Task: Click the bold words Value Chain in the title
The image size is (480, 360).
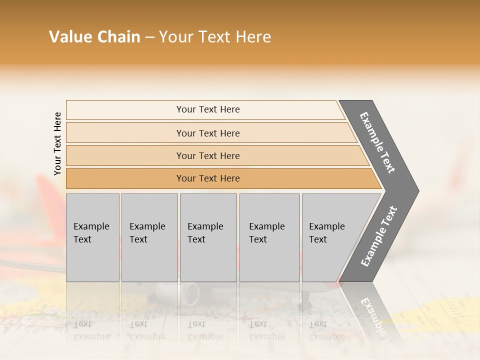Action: [x=94, y=37]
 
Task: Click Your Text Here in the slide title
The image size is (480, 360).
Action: [x=215, y=37]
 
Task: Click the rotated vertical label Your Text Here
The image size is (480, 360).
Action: [x=58, y=143]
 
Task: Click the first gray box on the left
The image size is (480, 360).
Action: [x=92, y=237]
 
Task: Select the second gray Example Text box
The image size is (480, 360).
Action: [x=149, y=237]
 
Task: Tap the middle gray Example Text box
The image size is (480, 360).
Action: [x=208, y=237]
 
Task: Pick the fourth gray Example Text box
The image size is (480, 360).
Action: [x=269, y=237]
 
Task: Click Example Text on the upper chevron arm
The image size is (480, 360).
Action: [x=377, y=142]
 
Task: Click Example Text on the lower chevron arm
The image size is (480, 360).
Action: [x=379, y=236]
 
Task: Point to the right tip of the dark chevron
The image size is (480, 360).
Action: [x=417, y=191]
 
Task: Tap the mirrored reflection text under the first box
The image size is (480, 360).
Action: [x=91, y=330]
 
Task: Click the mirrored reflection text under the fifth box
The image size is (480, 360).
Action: [x=326, y=330]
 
